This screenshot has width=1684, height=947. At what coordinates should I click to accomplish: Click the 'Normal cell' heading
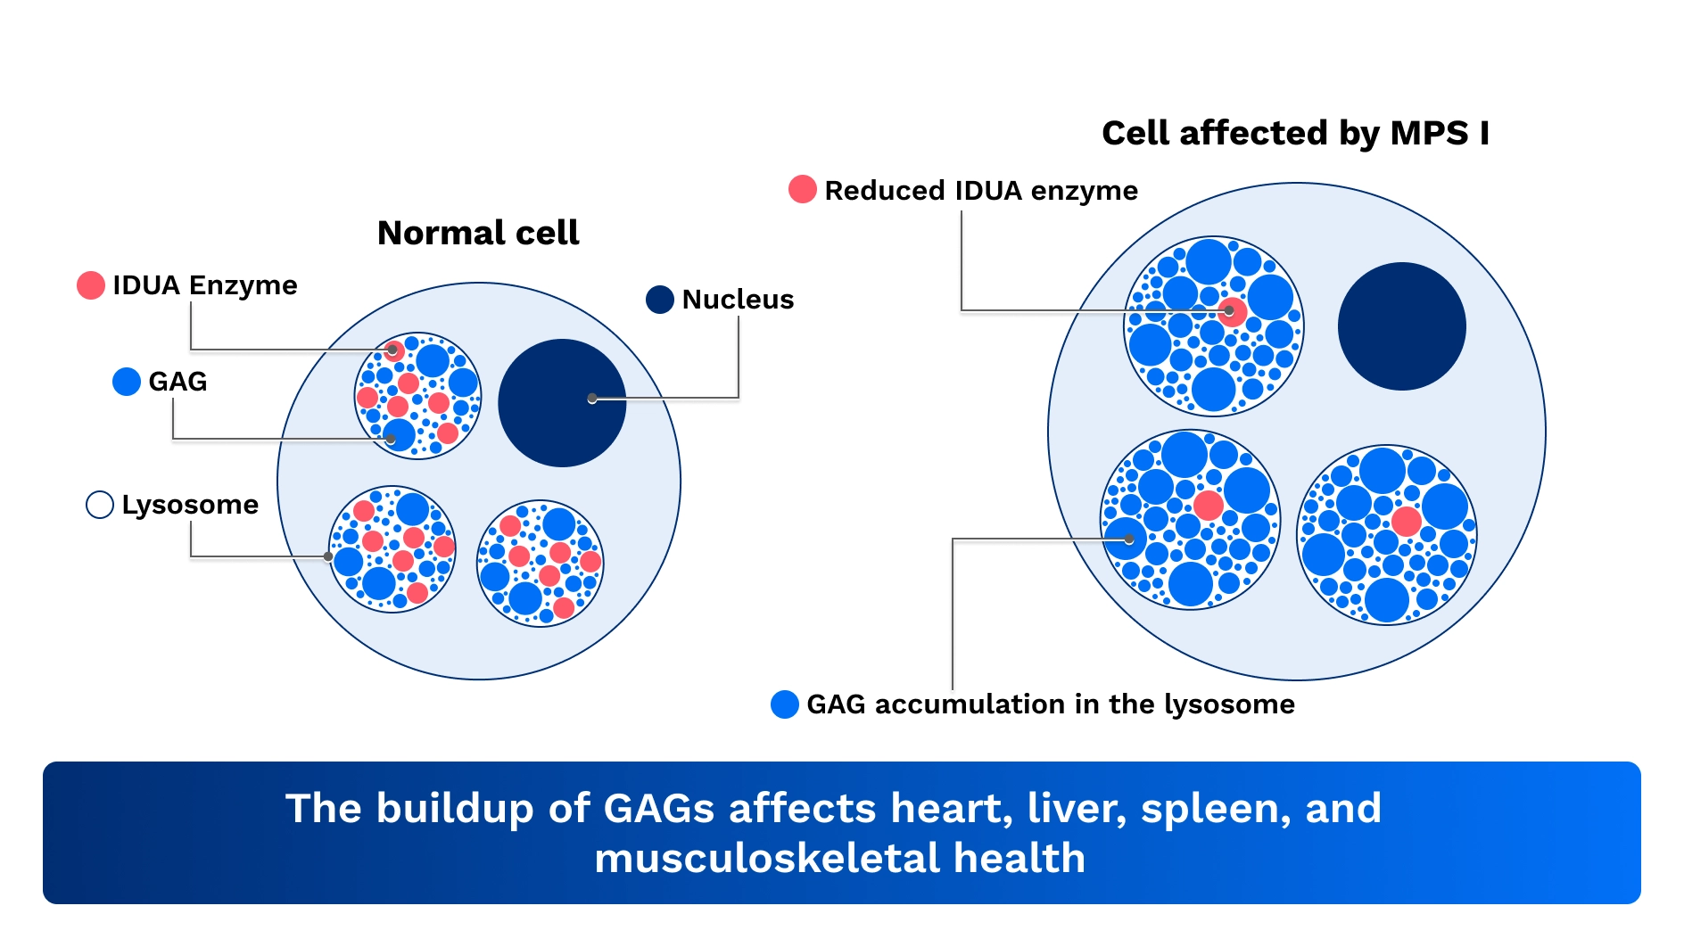[x=478, y=233]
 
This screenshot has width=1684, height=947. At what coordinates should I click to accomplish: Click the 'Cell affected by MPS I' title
[x=1295, y=133]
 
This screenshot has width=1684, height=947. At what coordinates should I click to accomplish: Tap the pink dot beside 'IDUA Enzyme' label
[x=91, y=285]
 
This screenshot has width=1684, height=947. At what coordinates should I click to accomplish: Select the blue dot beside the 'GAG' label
[x=127, y=382]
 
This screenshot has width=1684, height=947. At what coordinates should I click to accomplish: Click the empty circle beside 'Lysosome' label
[x=100, y=505]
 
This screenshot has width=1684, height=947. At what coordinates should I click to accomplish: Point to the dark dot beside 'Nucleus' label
[x=660, y=300]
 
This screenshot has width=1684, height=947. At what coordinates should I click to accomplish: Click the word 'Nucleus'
[x=738, y=300]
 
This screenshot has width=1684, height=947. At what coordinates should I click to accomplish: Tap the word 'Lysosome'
[x=190, y=505]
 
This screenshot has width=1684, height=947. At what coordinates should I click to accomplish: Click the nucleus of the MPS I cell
[x=1401, y=326]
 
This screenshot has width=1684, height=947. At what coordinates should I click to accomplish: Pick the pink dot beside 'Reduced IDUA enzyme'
[x=803, y=190]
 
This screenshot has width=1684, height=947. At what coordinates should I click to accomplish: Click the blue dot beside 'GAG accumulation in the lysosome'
[x=785, y=704]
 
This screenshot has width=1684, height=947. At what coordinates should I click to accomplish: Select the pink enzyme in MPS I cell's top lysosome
[x=1232, y=311]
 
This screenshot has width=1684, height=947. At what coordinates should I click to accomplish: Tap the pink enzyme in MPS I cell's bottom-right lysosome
[x=1406, y=521]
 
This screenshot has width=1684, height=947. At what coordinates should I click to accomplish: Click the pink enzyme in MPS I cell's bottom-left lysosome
[x=1209, y=506]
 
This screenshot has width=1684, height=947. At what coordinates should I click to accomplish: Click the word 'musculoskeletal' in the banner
[x=766, y=859]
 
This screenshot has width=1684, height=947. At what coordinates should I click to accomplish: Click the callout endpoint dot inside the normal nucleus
[x=592, y=399]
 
